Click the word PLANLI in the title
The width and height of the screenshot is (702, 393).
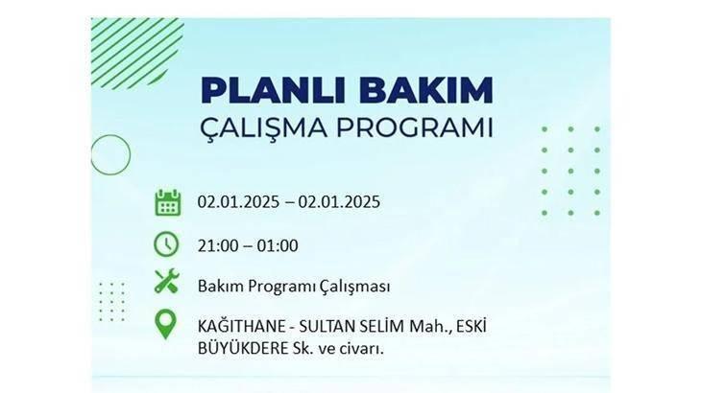pos(274,90)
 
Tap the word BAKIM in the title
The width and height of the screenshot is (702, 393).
pos(425,90)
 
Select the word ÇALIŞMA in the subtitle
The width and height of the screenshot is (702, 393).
pos(264,128)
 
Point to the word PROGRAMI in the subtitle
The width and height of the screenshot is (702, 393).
pos(415,127)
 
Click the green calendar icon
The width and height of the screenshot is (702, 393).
pos(168,202)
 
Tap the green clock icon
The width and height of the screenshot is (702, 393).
pos(166,244)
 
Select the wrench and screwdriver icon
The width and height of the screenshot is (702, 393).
pos(166,281)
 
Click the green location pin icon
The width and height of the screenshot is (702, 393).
pos(165,324)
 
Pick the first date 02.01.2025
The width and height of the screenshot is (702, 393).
pos(238,201)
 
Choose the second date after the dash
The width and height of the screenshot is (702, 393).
pos(339,201)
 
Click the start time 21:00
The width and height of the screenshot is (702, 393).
pos(217,245)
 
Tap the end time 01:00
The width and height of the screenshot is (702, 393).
pos(278,245)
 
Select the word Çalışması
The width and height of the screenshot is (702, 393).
pos(354,287)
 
